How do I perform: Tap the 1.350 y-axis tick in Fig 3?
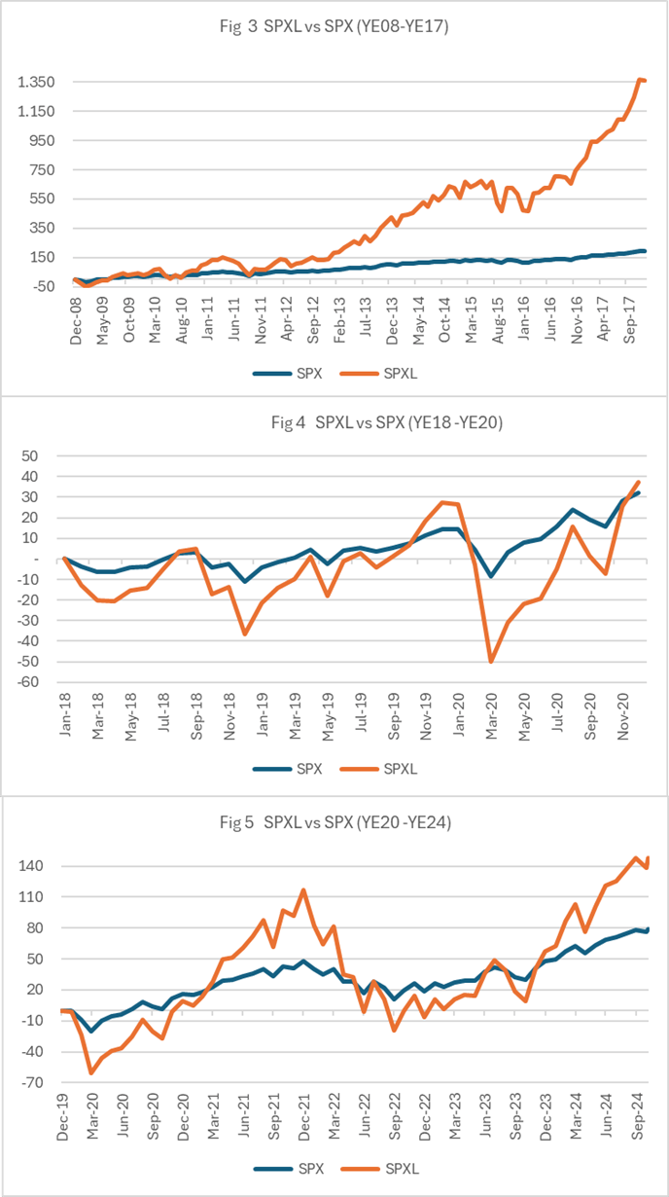click(36, 83)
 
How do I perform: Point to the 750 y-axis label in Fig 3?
click(42, 170)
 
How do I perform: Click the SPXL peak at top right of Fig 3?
click(640, 80)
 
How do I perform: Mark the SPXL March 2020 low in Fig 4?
click(491, 662)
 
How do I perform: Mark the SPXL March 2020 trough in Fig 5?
click(91, 1073)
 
